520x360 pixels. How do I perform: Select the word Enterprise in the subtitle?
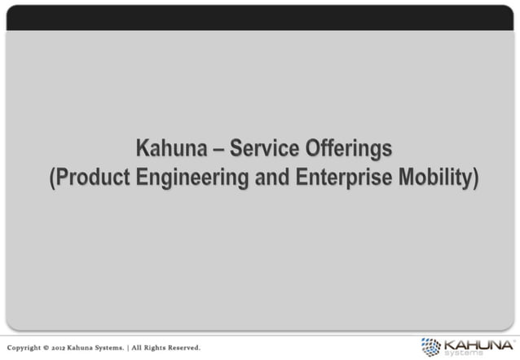tap(346, 178)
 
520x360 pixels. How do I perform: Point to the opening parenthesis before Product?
tap(51, 178)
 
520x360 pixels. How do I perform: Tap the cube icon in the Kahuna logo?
tap(430, 345)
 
